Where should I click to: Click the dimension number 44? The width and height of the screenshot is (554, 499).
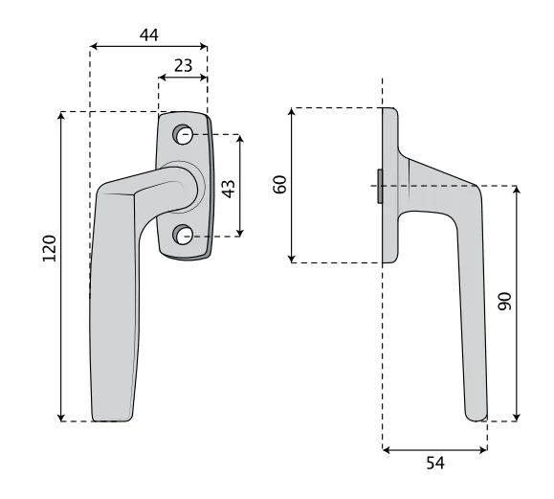149,35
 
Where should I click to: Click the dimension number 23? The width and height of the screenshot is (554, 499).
184,66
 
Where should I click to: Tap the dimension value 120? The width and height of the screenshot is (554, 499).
50,248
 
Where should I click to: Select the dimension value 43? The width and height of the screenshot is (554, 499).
229,189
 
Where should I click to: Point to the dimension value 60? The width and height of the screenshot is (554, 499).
280,185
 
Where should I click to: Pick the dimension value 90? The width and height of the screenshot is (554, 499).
505,302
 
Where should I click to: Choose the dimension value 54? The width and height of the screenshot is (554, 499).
435,463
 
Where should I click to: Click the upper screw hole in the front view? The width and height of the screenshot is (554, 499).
183,135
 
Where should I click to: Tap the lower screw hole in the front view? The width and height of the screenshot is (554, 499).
183,235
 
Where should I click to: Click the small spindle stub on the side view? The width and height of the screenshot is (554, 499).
380,187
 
